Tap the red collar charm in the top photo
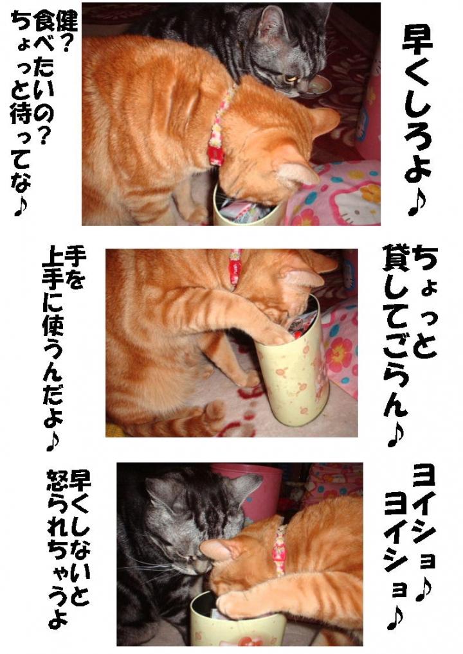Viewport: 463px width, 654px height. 215,153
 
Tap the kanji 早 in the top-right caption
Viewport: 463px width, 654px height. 417,44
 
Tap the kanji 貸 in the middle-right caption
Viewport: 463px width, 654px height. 396,261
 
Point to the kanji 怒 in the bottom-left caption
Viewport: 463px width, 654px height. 58,481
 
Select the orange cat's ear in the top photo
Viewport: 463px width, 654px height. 299,173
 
